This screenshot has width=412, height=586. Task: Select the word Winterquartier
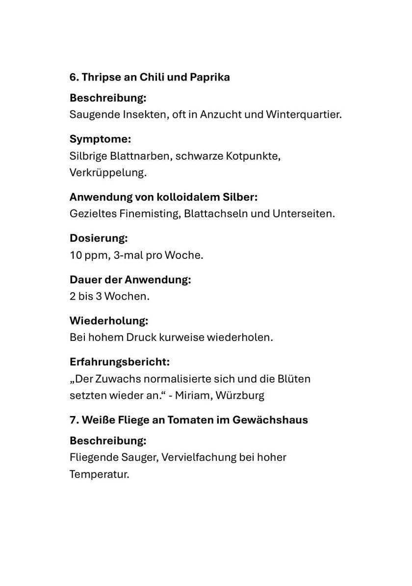(x=304, y=115)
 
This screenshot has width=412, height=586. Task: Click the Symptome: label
(x=100, y=139)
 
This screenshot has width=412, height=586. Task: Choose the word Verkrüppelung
(x=108, y=173)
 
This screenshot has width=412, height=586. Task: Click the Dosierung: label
(x=99, y=238)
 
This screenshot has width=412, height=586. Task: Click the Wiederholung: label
(x=109, y=321)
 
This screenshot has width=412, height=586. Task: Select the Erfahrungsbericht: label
(x=120, y=362)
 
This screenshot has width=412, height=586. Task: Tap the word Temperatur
(x=99, y=474)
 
